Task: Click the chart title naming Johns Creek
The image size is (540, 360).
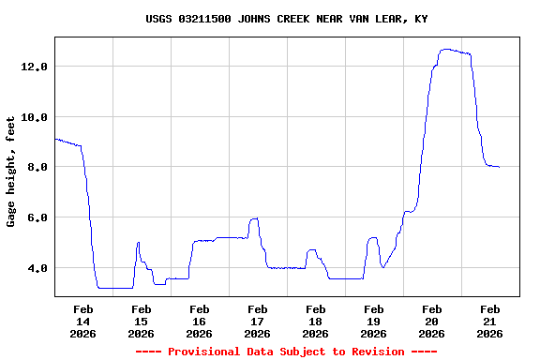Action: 287,19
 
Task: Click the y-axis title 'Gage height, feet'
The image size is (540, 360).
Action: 11,172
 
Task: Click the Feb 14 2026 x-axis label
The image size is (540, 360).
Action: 82,321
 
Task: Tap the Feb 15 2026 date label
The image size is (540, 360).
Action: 141,321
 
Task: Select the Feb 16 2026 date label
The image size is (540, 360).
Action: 199,321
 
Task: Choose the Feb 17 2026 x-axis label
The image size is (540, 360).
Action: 257,321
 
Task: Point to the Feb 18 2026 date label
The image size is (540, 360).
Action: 315,321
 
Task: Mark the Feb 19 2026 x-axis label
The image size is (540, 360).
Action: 373,321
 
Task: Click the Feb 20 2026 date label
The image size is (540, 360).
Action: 431,321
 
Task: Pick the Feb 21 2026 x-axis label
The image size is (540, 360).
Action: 489,321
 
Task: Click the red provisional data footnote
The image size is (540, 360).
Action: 286,352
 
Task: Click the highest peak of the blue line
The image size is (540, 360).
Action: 447,49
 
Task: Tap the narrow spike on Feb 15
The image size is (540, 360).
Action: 138,243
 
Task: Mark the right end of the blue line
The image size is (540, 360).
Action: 499,167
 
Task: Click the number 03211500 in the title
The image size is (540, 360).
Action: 207,19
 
